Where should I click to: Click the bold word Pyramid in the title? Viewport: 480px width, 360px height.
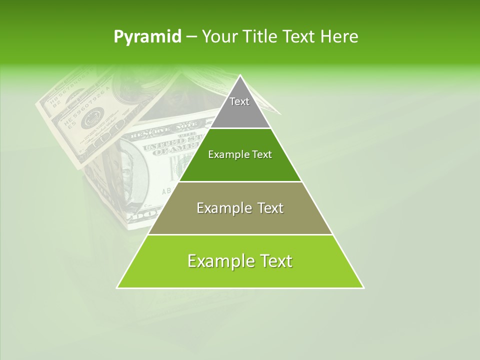147,37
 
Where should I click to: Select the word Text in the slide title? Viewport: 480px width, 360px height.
300,37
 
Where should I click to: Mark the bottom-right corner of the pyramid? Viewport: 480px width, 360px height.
363,287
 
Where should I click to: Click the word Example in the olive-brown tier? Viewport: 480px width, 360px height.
220,208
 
